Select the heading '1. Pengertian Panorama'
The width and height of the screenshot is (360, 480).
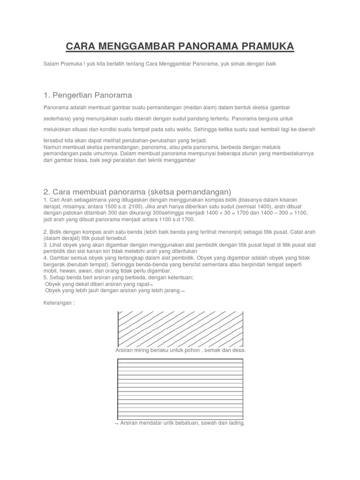88,95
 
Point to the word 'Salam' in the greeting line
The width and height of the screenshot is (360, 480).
52,63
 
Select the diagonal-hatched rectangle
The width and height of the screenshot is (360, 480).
180,329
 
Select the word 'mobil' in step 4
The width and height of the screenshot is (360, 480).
50,271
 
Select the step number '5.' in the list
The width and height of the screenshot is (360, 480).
45,277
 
